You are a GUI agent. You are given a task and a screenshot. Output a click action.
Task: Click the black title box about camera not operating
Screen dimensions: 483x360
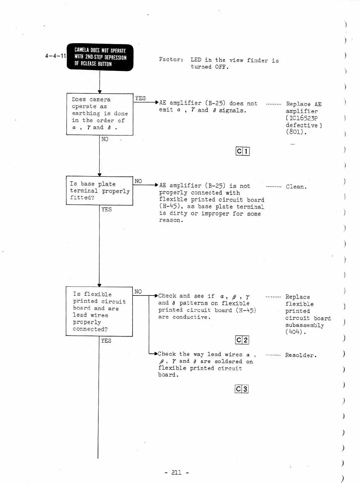(x=100, y=57)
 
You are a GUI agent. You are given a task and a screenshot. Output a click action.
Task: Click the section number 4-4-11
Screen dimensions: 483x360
(x=55, y=56)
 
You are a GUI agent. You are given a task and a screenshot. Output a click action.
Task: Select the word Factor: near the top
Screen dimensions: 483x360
(x=171, y=59)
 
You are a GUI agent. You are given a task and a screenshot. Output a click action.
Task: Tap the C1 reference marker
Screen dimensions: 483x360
(x=242, y=151)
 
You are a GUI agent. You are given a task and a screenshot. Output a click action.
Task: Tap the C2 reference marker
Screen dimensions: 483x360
(x=242, y=340)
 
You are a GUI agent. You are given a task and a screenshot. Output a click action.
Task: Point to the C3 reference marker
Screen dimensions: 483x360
(x=241, y=389)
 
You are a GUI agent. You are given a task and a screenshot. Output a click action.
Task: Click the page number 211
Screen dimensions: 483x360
(x=177, y=473)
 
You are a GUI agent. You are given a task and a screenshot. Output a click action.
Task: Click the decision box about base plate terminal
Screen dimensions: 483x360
(x=99, y=191)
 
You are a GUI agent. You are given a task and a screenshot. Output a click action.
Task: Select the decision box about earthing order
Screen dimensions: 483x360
(x=100, y=114)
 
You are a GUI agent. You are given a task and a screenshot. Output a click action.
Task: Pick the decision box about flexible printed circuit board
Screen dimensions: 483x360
(x=99, y=311)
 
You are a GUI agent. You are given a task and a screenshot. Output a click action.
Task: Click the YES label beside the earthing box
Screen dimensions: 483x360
(x=140, y=98)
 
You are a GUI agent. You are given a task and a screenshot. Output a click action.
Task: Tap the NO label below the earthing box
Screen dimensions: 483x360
(x=105, y=139)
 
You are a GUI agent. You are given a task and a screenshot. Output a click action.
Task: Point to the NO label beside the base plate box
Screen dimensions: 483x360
(x=138, y=181)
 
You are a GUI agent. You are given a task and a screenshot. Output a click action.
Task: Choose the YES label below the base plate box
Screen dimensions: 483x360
(x=107, y=209)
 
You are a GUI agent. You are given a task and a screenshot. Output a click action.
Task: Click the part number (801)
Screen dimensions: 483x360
(x=296, y=132)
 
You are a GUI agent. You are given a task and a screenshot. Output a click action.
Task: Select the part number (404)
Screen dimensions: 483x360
(x=295, y=332)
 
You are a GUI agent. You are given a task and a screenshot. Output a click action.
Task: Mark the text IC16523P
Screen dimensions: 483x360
(x=302, y=118)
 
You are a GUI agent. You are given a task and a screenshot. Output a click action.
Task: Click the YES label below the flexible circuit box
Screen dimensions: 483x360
(x=106, y=341)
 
